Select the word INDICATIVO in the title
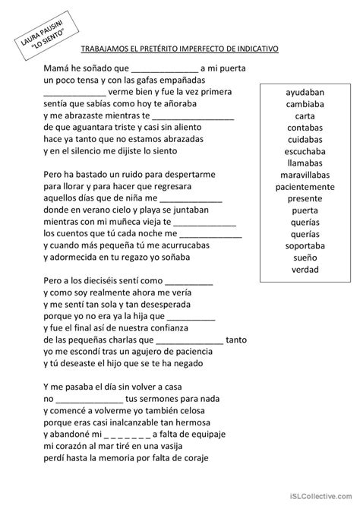pyautogui.click(x=254, y=48)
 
